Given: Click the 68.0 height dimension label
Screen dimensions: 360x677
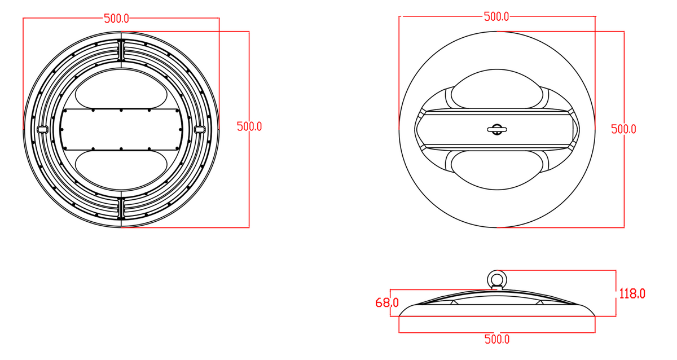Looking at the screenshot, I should point(387,303).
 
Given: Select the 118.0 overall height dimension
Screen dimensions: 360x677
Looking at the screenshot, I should point(632,293).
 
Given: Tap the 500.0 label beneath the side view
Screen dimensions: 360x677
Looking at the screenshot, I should point(497,339).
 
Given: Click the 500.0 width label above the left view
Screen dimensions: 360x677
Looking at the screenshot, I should point(116,19).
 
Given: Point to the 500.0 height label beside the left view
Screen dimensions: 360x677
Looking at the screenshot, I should point(249,126).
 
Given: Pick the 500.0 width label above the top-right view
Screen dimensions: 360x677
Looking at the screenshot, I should point(496,17).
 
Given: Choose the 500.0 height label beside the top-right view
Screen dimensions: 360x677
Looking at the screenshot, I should point(623,129).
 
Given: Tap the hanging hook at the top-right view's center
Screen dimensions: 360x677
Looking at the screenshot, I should point(496,129).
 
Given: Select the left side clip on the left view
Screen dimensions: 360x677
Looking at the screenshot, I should point(42,129).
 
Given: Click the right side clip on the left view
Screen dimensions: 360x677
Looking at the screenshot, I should point(199,129).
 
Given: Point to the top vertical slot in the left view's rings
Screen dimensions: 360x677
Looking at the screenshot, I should point(121,50).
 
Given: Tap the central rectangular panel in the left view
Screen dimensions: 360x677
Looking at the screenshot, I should point(121,129).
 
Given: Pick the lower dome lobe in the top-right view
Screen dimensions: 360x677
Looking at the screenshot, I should point(496,169).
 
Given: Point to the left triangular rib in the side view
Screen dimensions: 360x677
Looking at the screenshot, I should point(453,302).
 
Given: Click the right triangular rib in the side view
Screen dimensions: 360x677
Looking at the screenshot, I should point(540,302).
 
